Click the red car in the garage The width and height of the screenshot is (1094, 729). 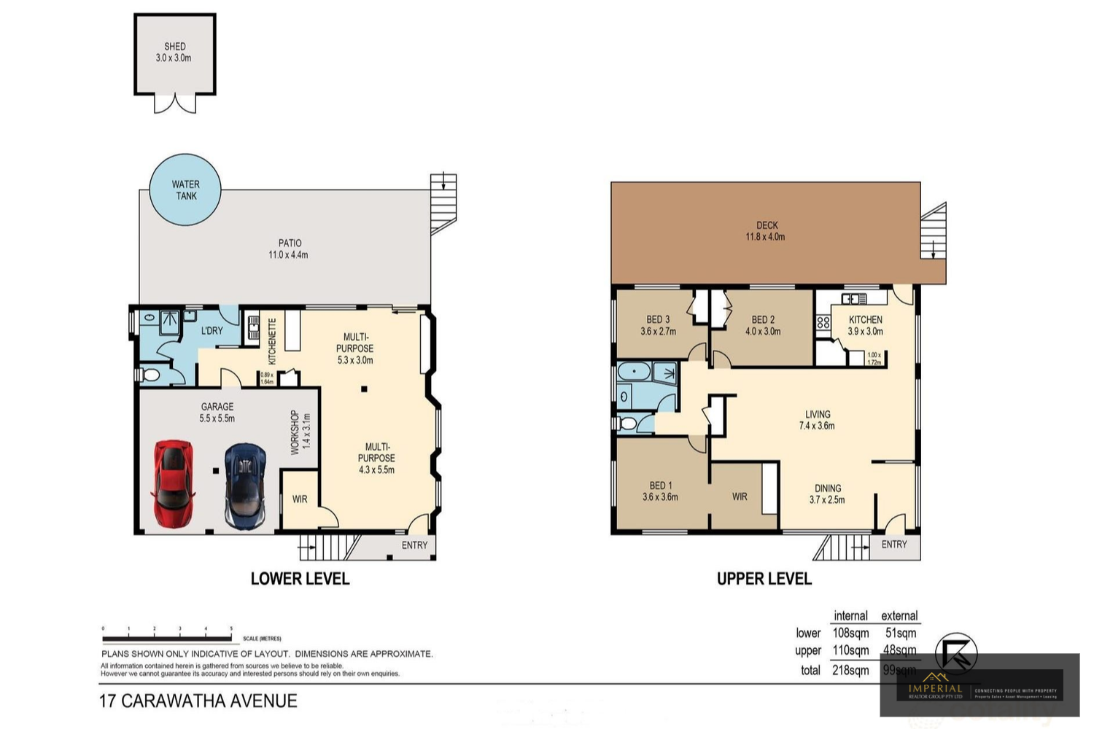[x=174, y=483]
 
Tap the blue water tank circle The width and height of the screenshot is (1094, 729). [x=185, y=190]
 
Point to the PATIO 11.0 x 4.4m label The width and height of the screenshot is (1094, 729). [x=289, y=249]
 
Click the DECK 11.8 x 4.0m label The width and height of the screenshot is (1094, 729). [x=766, y=230]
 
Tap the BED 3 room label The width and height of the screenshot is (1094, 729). [x=658, y=325]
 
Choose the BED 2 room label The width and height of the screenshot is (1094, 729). [x=763, y=325]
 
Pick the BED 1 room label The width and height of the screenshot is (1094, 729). [x=660, y=491]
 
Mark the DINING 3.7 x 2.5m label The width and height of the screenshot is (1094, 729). [x=827, y=494]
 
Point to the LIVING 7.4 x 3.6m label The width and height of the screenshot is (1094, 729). [x=817, y=420]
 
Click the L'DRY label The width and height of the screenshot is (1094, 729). [x=212, y=330]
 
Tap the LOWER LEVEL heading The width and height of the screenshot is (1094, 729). [x=300, y=579]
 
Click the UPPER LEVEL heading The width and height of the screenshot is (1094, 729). [x=764, y=579]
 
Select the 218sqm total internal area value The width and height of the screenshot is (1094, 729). [x=850, y=670]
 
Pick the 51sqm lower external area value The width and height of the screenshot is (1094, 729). [x=901, y=633]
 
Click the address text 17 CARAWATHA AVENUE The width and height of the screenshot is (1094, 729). [x=198, y=701]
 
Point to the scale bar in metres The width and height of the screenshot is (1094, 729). [x=168, y=639]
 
